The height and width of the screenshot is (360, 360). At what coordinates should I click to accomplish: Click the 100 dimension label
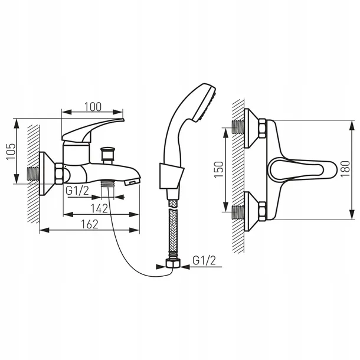click(x=92, y=107)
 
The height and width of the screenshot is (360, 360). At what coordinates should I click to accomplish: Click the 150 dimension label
click(x=218, y=170)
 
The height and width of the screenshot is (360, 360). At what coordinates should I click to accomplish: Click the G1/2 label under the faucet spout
click(x=77, y=191)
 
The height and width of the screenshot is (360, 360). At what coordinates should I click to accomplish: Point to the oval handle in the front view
click(x=295, y=171)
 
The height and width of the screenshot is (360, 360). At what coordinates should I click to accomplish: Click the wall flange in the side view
click(x=46, y=174)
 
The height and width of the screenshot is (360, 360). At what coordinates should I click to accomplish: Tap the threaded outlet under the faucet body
click(x=108, y=185)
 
